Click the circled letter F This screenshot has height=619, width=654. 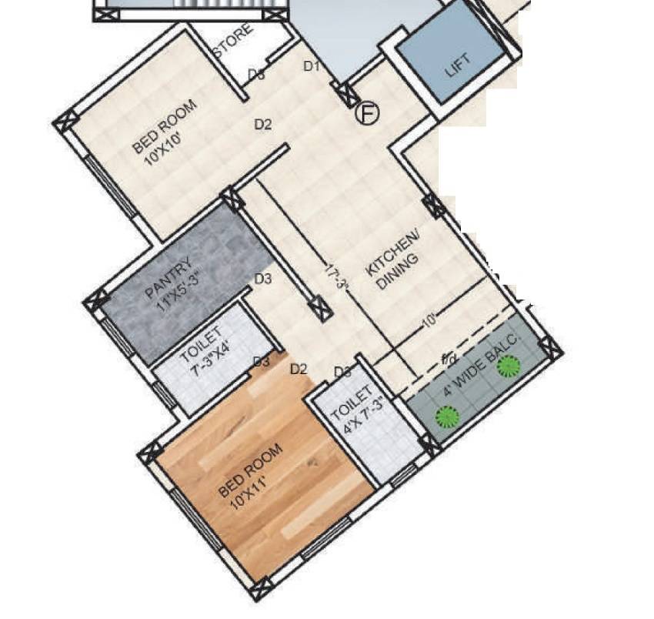(368, 114)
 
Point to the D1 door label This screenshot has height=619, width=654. (311, 66)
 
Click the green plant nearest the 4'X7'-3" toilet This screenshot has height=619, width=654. (447, 418)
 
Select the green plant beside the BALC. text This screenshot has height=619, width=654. (507, 366)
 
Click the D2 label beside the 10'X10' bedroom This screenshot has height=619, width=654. (263, 124)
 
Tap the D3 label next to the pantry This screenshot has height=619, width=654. (263, 279)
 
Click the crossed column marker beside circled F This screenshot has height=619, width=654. (348, 93)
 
